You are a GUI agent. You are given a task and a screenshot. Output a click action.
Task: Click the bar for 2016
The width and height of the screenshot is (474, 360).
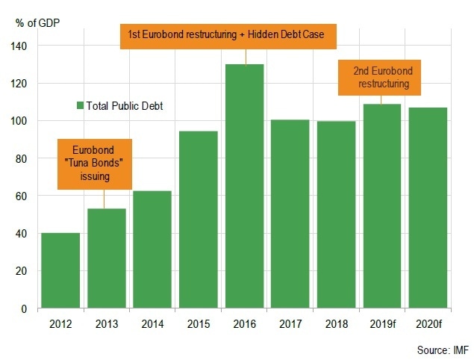(244, 187)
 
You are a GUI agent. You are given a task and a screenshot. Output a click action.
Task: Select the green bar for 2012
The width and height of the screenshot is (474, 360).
(60, 270)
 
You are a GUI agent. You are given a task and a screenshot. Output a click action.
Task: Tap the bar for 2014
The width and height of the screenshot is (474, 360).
(152, 249)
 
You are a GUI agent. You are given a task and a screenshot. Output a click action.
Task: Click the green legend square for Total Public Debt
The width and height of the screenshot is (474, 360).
(80, 106)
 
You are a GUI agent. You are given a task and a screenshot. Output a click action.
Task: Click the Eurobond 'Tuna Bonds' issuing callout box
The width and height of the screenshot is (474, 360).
(96, 163)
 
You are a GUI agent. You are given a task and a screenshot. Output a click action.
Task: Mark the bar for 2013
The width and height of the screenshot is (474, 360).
(106, 258)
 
